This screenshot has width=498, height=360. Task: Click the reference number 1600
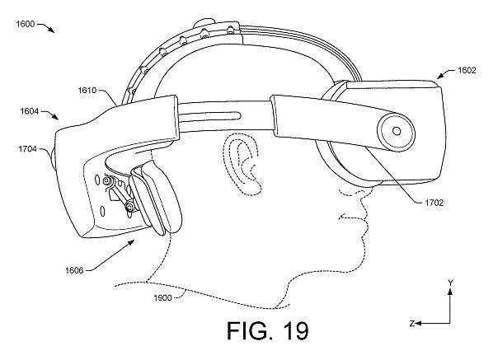point(26,24)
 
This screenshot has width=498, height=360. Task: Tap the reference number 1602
point(467,70)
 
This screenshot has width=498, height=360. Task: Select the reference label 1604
point(30,111)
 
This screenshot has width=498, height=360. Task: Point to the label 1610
point(87,91)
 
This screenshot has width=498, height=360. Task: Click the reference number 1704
point(28,149)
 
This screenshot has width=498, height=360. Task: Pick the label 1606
point(74,270)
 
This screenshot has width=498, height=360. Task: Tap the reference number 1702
point(435,203)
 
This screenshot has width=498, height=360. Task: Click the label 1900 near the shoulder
point(162,298)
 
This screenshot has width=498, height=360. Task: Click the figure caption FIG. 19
point(268,330)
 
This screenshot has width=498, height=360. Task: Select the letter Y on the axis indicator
point(450,283)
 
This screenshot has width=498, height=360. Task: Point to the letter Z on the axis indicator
point(412,324)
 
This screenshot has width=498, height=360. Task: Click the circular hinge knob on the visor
point(396,131)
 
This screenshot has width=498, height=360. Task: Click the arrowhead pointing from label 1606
point(131,243)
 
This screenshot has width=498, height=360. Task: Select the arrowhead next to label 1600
point(51,30)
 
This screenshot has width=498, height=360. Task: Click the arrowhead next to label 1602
point(441,76)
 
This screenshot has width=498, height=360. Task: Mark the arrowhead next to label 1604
point(55,117)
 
